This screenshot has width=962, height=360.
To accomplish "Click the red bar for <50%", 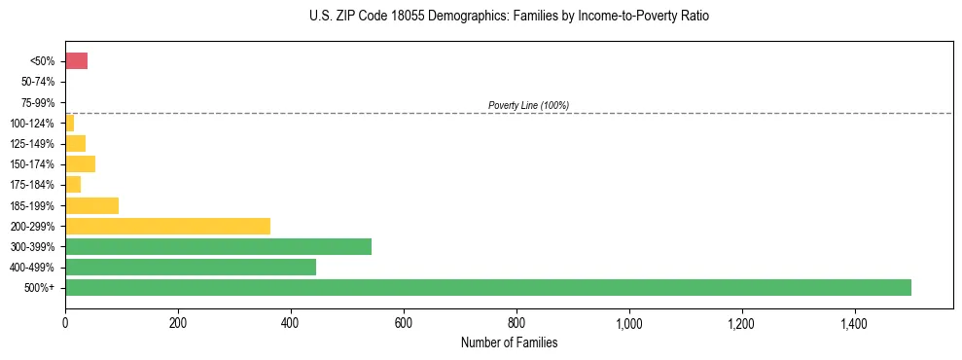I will (x=76, y=61).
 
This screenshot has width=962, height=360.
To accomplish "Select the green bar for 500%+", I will (x=487, y=287).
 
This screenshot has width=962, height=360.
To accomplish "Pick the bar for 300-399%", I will (x=218, y=246).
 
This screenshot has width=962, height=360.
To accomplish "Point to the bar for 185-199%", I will (x=91, y=205).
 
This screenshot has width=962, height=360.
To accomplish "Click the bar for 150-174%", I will (x=80, y=163).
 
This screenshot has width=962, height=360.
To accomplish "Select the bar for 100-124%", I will (x=69, y=123).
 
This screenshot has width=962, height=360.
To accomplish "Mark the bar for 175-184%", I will (x=73, y=184).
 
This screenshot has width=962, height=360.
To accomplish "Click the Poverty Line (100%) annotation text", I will (x=528, y=105).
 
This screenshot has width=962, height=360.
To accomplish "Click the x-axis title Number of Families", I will (x=509, y=342).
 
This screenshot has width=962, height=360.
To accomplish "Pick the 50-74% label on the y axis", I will (x=38, y=82).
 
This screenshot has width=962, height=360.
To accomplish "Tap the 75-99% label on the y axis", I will (x=38, y=102).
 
